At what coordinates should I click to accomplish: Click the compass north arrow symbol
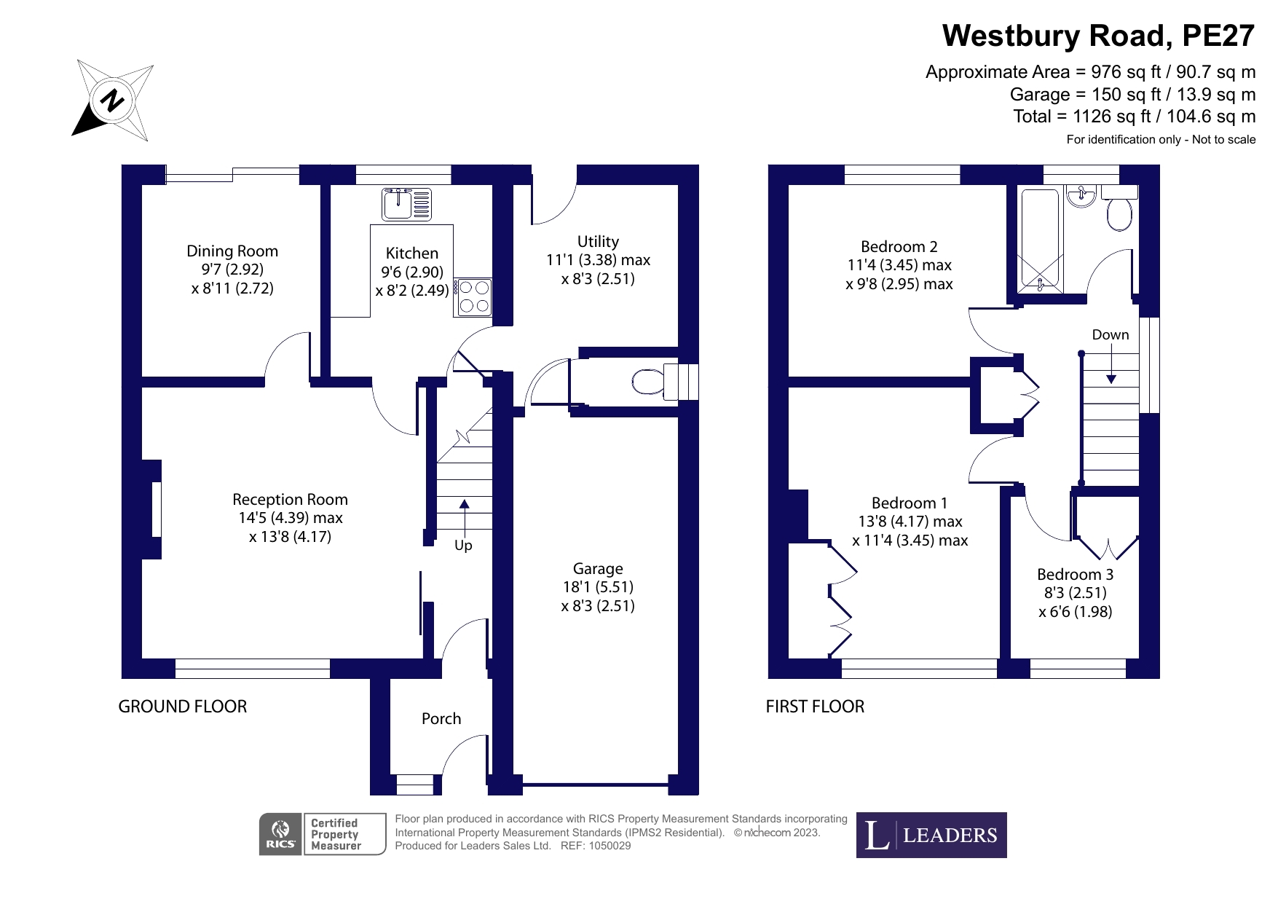113,101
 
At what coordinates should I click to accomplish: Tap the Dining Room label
232,251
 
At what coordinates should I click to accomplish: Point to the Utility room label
598,241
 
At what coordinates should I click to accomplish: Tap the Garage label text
598,568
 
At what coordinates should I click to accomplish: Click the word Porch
441,719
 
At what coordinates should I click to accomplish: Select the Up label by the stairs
463,545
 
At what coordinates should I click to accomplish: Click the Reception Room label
290,500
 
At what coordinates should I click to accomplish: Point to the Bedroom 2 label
899,246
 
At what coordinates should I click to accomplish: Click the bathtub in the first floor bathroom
1040,240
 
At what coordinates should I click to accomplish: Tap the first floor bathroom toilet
1119,211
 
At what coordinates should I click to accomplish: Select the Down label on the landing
1111,335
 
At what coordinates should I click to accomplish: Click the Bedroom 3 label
1075,574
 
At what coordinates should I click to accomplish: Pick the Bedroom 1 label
910,503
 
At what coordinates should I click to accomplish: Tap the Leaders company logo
931,835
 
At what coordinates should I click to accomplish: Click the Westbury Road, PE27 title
1099,35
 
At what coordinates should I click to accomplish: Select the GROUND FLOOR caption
183,707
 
